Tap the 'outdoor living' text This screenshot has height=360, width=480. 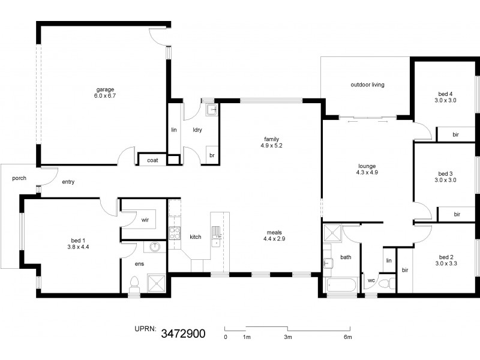coord(367,85)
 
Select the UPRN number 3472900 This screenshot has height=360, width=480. coord(184,333)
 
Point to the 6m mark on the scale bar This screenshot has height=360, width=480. coord(347,337)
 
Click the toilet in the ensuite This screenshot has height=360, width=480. coord(135,283)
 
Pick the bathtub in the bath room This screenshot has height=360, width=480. coord(340,286)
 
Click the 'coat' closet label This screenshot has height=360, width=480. coord(153,160)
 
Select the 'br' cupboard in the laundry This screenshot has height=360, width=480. coord(212,155)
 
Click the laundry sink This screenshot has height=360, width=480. coord(211,110)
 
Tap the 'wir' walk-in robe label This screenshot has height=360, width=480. coord(145,220)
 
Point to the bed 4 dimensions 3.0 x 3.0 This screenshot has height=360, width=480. coord(446,100)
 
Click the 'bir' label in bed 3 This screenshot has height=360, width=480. coord(457,214)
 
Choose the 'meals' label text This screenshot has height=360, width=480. coord(275,232)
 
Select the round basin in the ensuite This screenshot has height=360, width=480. coord(155,247)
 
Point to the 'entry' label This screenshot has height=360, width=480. coord(68,182)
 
